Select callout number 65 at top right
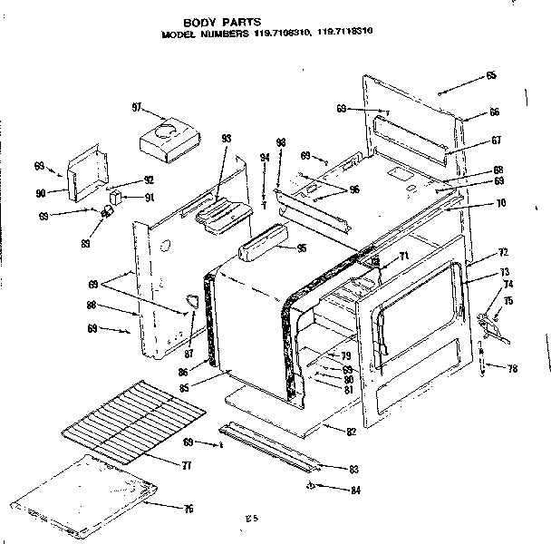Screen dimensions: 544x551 click(490, 75)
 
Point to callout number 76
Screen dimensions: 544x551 click(188, 509)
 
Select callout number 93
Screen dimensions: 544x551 click(227, 138)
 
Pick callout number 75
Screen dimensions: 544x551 click(508, 302)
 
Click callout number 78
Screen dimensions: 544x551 click(512, 368)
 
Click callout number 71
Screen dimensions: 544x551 click(404, 257)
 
